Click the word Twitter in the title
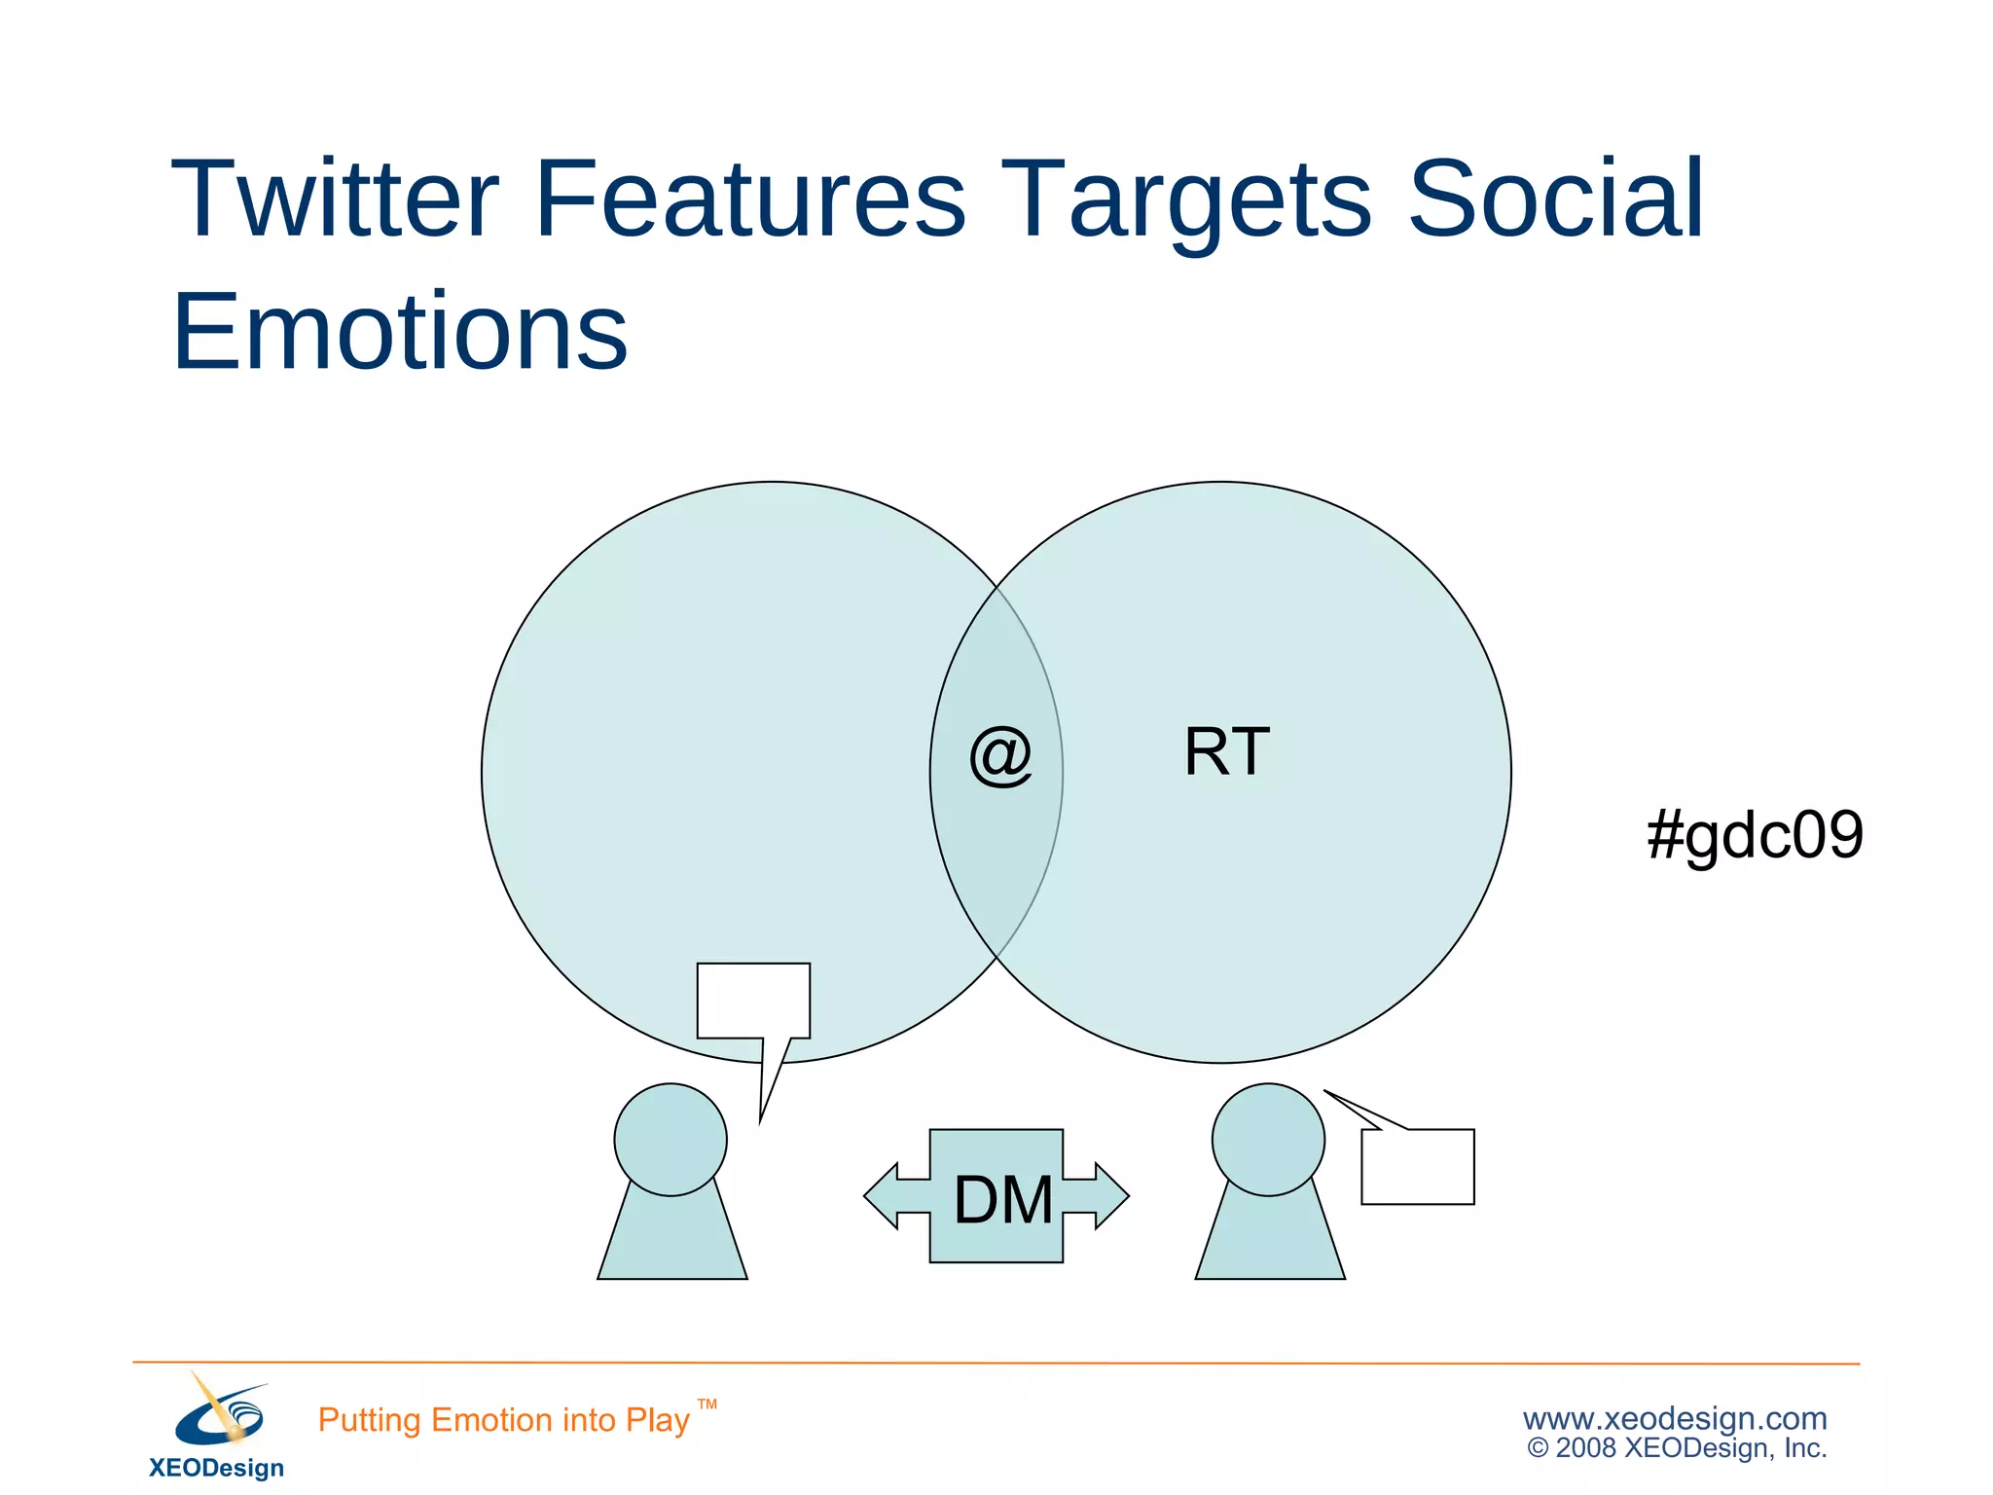coord(335,199)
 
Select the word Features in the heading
coord(749,199)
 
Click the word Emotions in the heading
coord(399,333)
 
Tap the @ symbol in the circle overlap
coord(999,755)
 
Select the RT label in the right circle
coord(1226,752)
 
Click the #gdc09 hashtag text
coord(1755,835)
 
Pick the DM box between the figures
coord(997,1197)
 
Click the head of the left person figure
coord(670,1139)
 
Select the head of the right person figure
coord(1268,1139)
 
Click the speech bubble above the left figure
coord(753,1001)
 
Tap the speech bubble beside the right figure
coord(1417,1166)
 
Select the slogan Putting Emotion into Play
coord(503,1420)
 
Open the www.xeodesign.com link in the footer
coord(1674,1418)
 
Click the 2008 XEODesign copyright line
coord(1677,1448)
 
